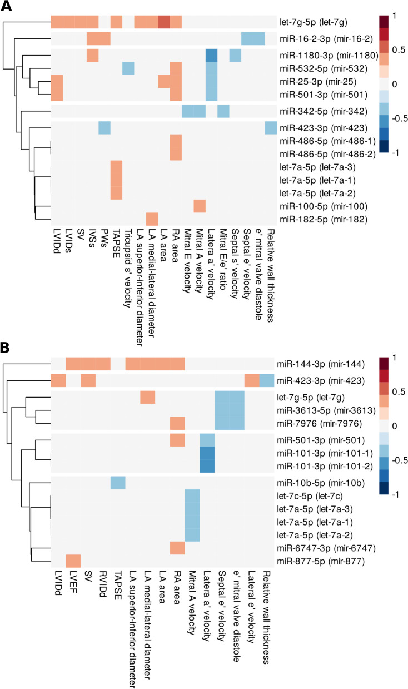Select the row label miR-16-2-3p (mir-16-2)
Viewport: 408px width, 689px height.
(x=331, y=39)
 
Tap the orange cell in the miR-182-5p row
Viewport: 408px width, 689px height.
(x=152, y=219)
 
